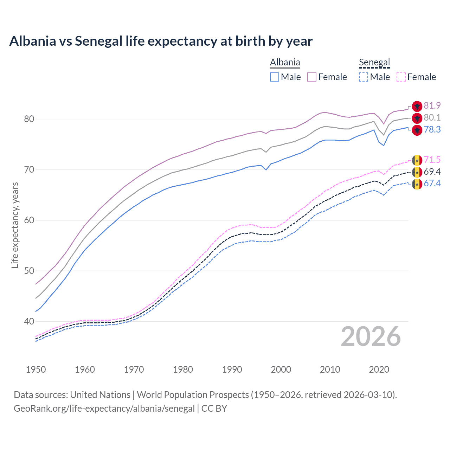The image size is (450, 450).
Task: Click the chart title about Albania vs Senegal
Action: (x=161, y=41)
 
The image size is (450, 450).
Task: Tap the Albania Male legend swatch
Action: (x=275, y=77)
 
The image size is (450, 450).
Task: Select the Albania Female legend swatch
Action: (x=312, y=77)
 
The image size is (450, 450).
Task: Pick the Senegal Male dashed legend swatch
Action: (x=364, y=77)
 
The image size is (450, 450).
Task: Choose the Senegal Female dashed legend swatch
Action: (x=401, y=77)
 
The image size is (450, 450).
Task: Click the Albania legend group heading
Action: (x=285, y=63)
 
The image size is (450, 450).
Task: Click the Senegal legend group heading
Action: (x=374, y=63)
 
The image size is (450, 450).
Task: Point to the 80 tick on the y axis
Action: (x=29, y=119)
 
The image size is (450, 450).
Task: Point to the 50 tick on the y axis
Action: (x=29, y=271)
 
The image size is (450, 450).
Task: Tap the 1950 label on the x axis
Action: (x=36, y=369)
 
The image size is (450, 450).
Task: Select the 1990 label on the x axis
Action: (x=232, y=369)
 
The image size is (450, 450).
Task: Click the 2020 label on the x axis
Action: (x=379, y=369)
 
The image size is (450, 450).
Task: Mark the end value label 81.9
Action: (x=432, y=106)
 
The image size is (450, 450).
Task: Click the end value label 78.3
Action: (x=432, y=130)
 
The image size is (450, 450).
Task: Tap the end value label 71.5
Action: (x=432, y=160)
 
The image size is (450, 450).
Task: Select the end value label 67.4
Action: (x=432, y=184)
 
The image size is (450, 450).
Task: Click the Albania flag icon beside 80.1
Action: (x=417, y=118)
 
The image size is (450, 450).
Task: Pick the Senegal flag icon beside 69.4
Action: (x=417, y=172)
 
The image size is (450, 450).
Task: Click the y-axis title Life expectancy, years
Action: (x=15, y=225)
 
